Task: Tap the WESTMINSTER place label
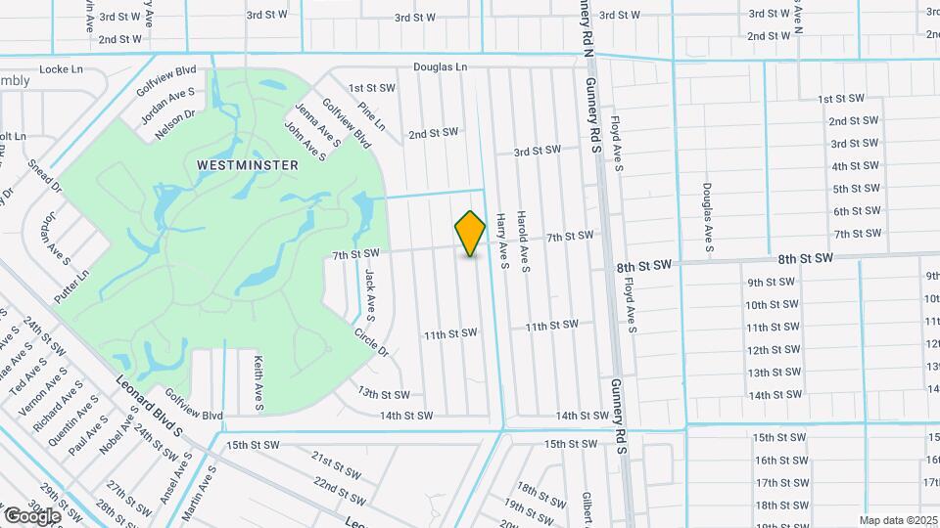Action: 248,165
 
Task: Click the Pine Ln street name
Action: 372,117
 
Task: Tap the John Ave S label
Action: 305,141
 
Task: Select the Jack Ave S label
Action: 370,295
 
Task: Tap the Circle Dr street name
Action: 372,340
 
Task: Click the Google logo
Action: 32,515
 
